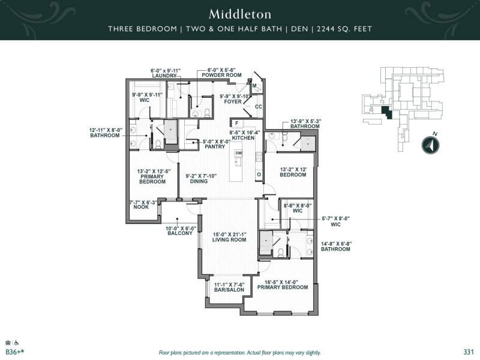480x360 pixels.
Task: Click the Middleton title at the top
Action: tap(240, 14)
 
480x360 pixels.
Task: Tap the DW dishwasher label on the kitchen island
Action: tap(238, 153)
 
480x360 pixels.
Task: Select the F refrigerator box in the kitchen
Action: tap(237, 124)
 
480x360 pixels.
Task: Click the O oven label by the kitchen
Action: tap(259, 175)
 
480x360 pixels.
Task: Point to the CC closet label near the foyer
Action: tap(259, 107)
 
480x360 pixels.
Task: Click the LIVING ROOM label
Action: tap(229, 239)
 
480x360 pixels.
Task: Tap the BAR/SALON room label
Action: tap(229, 290)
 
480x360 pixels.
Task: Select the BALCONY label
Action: tap(180, 233)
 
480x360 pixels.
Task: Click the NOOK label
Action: tap(141, 207)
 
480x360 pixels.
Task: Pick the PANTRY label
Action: tap(215, 146)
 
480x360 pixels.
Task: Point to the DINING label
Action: tap(199, 181)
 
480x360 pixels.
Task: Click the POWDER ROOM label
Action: tap(221, 75)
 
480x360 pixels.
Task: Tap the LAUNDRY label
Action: tap(164, 76)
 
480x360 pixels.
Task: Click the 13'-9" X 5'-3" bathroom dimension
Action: tap(305, 121)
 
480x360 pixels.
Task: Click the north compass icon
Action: tap(430, 145)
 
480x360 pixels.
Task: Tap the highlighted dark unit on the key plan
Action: tap(386, 113)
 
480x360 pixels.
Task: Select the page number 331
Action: tap(469, 352)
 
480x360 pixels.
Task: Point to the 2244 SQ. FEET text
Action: tap(344, 29)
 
